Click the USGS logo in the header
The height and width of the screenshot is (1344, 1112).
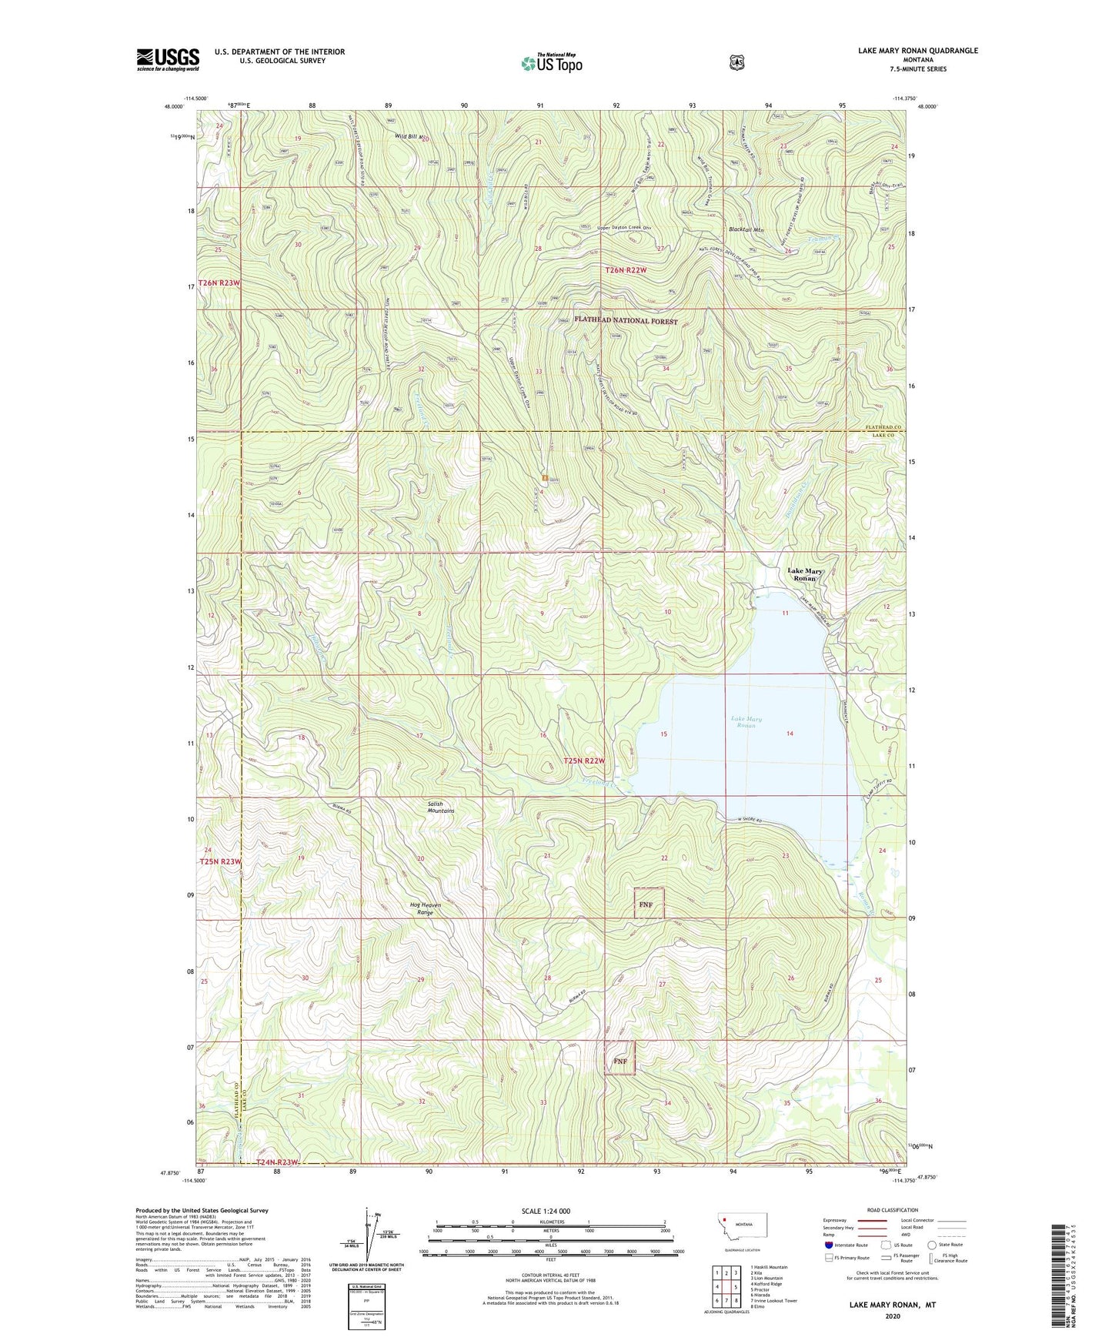[168, 59]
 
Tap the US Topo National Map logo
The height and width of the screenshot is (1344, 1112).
[550, 63]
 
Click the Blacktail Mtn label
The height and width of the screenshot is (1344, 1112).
[746, 229]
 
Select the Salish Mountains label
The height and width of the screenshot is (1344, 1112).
[441, 807]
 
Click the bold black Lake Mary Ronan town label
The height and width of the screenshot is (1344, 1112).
[805, 574]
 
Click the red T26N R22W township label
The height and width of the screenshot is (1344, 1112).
[626, 270]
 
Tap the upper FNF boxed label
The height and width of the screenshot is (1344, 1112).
[646, 904]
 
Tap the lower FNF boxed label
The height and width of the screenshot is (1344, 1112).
[620, 1061]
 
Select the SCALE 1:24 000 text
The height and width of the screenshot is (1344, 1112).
[546, 1212]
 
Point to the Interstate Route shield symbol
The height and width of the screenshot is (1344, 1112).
[828, 1245]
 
